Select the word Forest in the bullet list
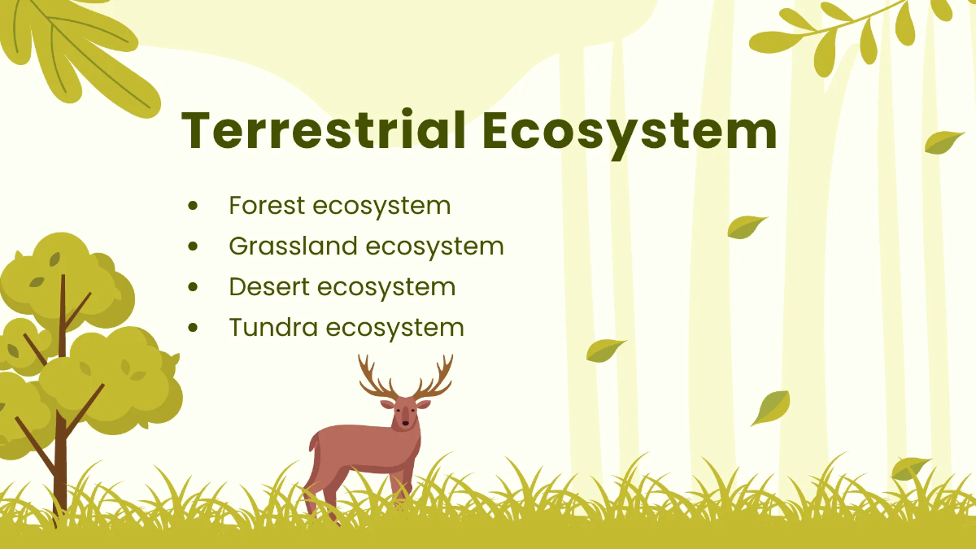tap(267, 205)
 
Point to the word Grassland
tap(293, 246)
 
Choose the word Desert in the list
tap(268, 286)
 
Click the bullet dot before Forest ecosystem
tap(193, 206)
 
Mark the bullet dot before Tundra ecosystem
tap(193, 328)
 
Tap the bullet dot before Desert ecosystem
tap(193, 287)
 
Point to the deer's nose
tap(405, 424)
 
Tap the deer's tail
tap(312, 444)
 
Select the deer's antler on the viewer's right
tap(434, 379)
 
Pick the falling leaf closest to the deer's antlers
tap(605, 350)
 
